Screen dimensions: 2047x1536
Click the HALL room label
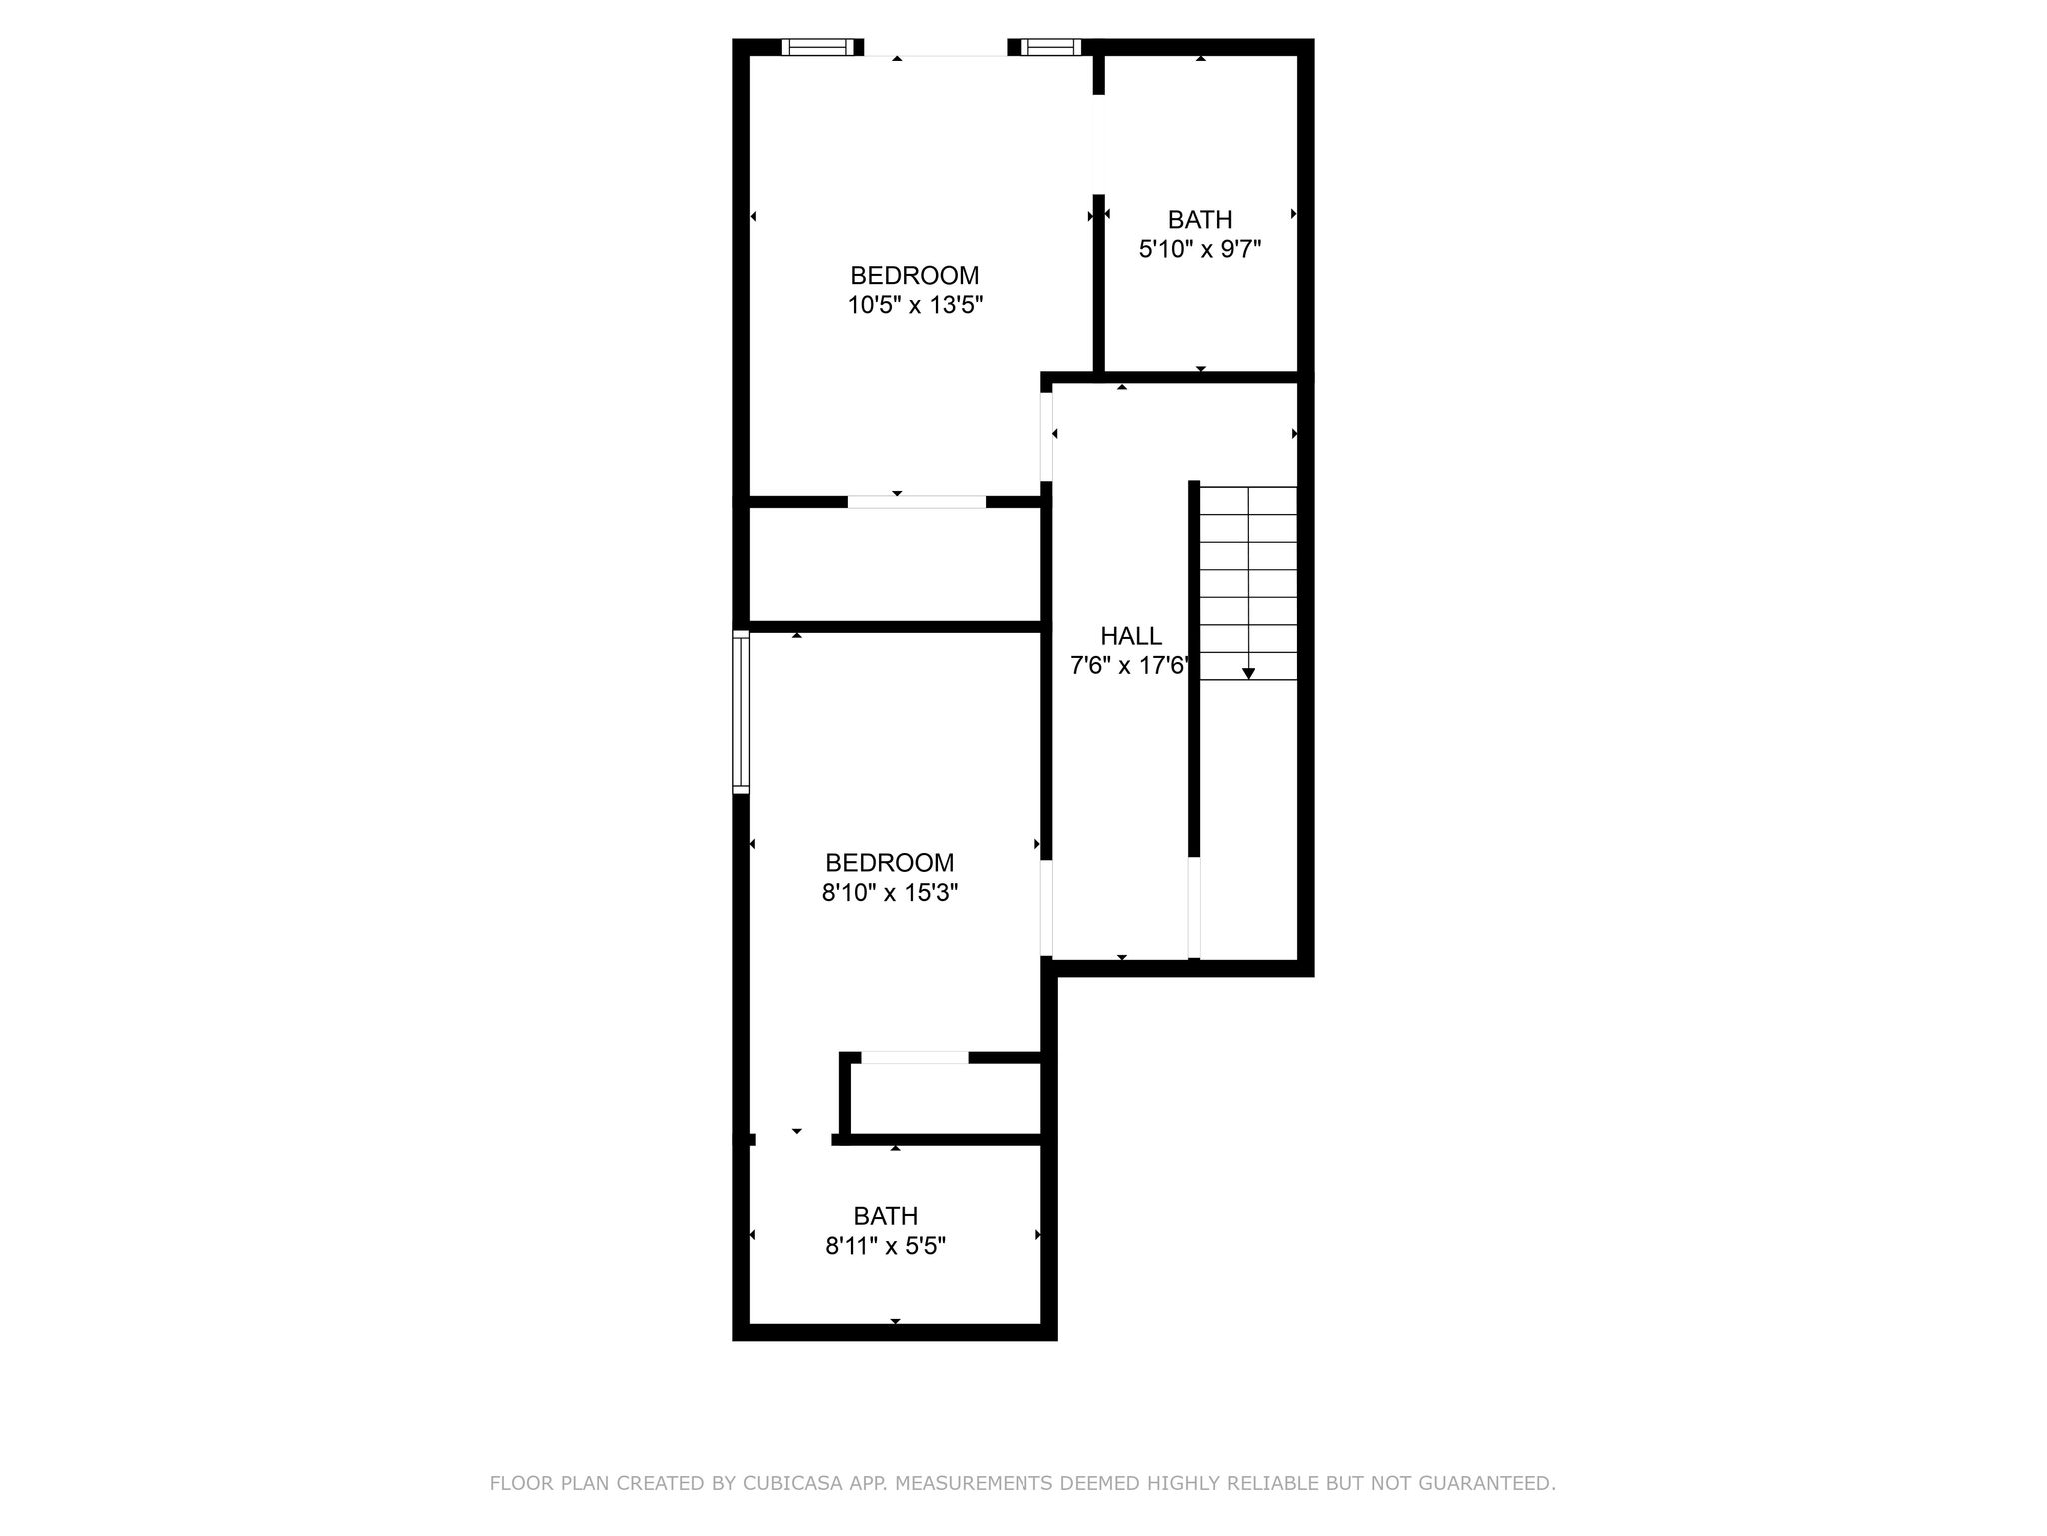coord(1131,636)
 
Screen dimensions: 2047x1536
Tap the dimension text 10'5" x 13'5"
coord(916,305)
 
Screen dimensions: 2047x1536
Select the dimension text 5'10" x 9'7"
coord(1200,249)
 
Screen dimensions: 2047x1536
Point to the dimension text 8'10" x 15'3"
coord(890,892)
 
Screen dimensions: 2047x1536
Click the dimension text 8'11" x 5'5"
coord(886,1246)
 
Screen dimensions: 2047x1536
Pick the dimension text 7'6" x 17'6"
coord(1132,666)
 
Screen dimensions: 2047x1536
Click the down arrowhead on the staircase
coord(1248,674)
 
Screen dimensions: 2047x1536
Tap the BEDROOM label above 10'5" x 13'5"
coord(915,275)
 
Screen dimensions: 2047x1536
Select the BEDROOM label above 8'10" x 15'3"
coord(890,862)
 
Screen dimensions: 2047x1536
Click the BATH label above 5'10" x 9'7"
coord(1200,219)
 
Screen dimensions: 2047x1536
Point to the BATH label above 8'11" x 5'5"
coord(886,1216)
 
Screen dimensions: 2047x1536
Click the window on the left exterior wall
coord(741,712)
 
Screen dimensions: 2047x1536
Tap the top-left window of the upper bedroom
coord(821,47)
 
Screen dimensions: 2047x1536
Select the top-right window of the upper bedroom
coord(1051,47)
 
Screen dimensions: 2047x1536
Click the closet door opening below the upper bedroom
coord(917,502)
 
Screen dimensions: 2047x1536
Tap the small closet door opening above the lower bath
coord(915,1058)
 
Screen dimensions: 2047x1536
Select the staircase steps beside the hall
coord(1248,583)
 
